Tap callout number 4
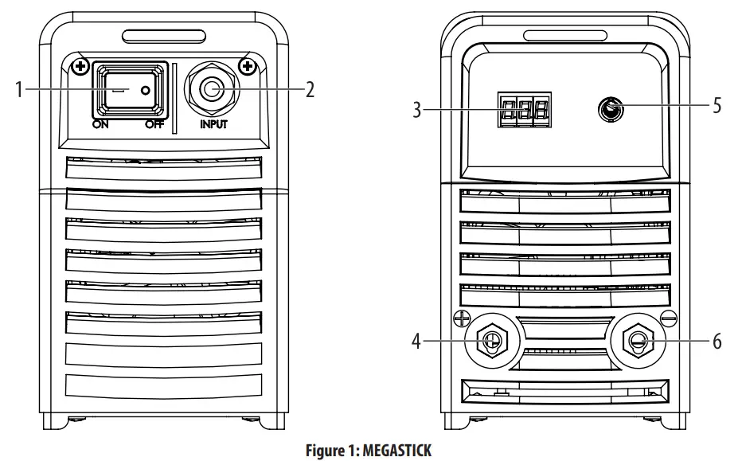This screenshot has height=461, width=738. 416,342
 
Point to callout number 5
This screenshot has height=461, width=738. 717,105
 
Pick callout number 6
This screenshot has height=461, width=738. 717,342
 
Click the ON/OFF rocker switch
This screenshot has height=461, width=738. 130,91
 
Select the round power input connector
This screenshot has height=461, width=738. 211,89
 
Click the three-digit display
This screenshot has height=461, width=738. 523,110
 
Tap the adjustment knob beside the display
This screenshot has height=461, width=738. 611,110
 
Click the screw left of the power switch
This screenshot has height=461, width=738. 79,66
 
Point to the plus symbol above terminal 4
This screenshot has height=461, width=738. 459,318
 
